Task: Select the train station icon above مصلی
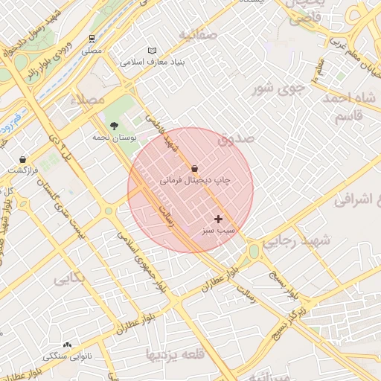[x=92, y=38]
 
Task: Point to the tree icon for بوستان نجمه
[x=113, y=126]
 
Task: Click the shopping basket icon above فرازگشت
[x=23, y=159]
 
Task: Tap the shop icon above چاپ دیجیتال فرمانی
[x=194, y=168]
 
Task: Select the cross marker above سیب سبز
[x=218, y=219]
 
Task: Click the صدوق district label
[x=237, y=138]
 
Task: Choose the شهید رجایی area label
[x=292, y=240]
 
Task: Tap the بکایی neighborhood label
[x=71, y=279]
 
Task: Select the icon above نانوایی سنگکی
[x=68, y=345]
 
